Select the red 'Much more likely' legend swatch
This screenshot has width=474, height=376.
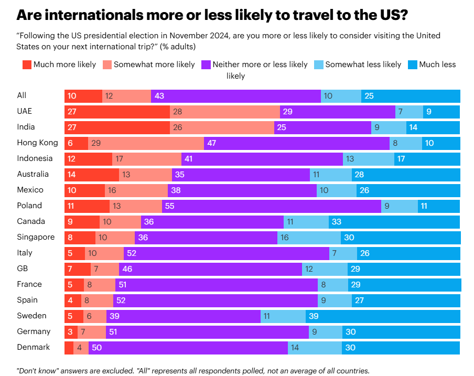tap(27, 65)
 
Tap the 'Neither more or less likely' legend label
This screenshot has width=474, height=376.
tap(260, 65)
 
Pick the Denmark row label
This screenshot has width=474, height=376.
tap(34, 347)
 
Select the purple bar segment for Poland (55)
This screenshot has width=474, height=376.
tap(271, 206)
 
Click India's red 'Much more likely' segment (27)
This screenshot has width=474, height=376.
tap(117, 127)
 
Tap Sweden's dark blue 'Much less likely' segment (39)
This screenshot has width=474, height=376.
tap(383, 316)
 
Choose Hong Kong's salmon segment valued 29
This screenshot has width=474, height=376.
tap(146, 143)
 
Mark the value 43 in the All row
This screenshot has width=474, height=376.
tap(159, 96)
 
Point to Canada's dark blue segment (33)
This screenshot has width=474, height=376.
tap(394, 222)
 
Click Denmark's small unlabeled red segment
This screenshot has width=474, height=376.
tap(69, 348)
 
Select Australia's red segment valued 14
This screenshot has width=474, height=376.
tap(92, 175)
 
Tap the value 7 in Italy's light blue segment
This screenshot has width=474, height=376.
tap(333, 253)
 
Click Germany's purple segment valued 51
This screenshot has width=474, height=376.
tap(207, 332)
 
